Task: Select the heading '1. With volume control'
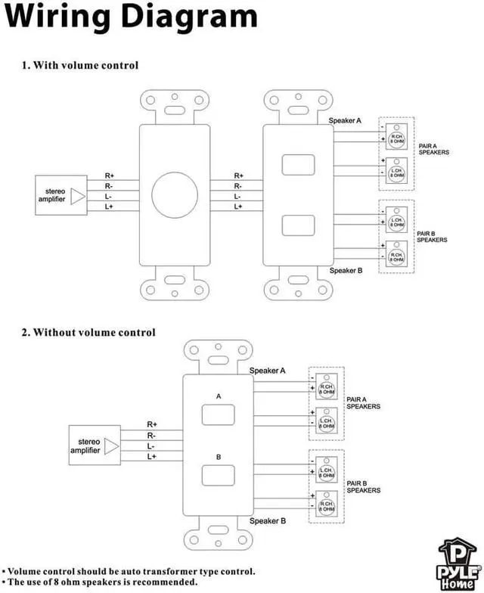tap(80, 65)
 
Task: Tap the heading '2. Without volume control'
tap(88, 332)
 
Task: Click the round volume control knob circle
tap(174, 194)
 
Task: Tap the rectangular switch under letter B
tap(219, 475)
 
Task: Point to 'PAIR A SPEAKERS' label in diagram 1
tap(433, 149)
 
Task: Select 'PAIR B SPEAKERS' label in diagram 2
tap(363, 487)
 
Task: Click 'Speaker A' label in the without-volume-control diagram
tap(267, 371)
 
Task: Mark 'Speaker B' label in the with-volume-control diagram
tap(347, 270)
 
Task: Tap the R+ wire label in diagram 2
tap(152, 424)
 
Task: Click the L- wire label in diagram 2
tap(152, 446)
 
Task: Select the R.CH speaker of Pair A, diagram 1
tap(396, 136)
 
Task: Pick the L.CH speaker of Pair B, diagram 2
tap(326, 473)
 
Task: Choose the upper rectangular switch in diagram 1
tap(298, 165)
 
